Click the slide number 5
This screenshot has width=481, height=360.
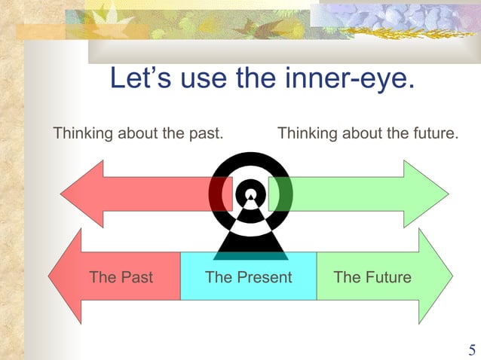(472, 349)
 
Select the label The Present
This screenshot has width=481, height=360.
(248, 277)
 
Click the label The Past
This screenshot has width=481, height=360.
(121, 277)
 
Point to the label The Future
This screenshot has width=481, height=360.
(372, 277)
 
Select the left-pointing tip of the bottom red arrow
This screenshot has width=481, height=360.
(50, 276)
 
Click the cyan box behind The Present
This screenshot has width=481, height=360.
(248, 290)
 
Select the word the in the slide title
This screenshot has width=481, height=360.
(258, 78)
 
